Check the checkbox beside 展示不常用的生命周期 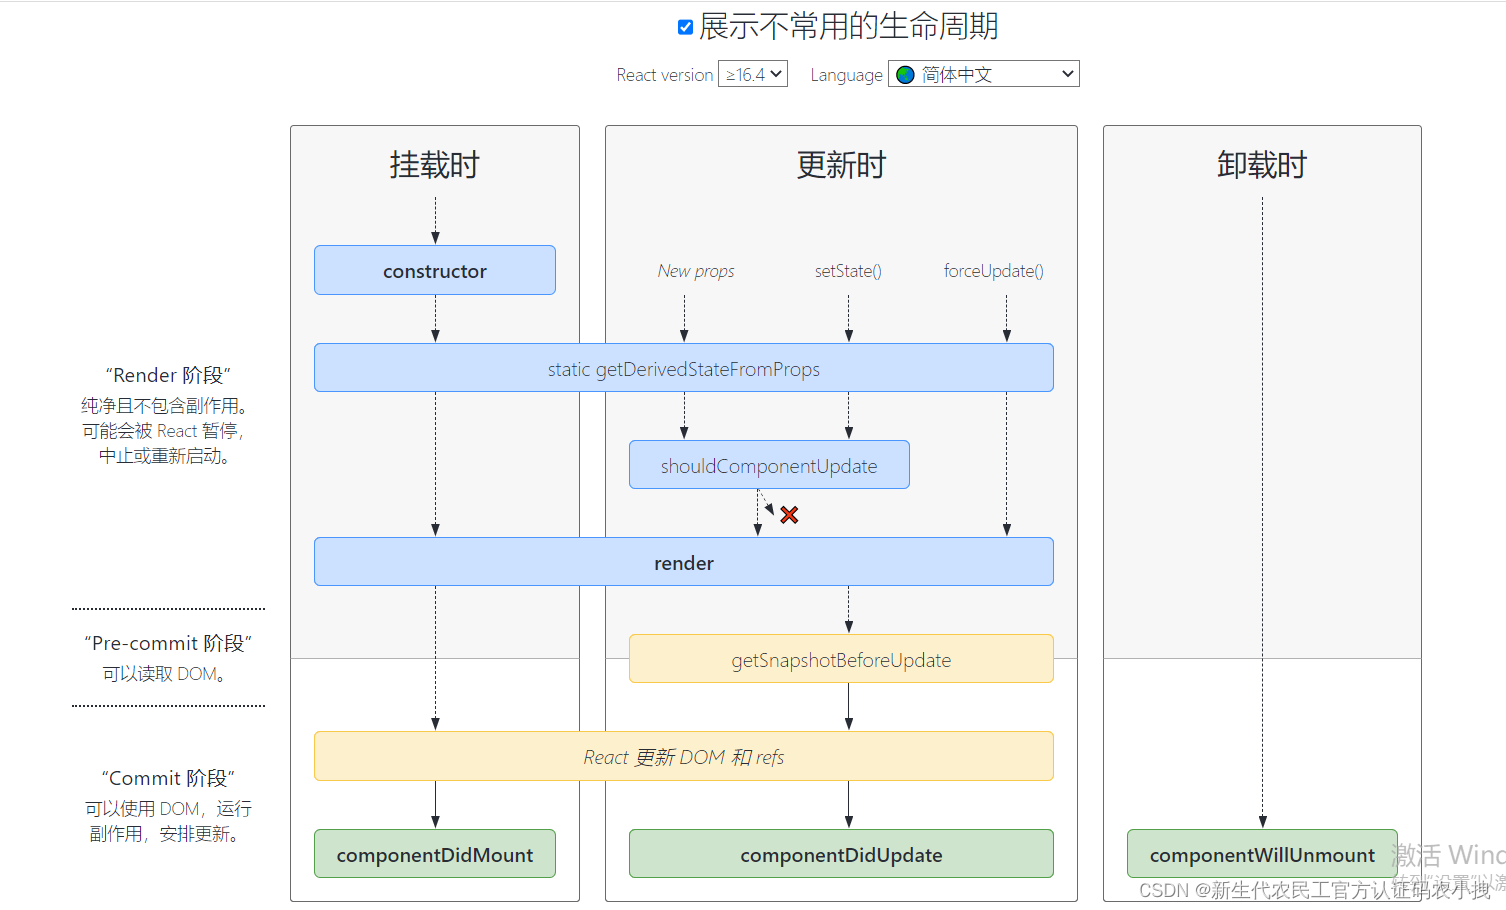685,27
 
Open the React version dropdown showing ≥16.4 753,74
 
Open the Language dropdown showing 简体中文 984,74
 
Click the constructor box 435,271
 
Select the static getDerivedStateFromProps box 684,369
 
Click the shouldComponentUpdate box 769,466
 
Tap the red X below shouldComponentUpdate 789,515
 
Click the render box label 684,563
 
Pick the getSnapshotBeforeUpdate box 841,660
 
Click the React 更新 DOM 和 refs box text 684,757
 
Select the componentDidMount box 435,855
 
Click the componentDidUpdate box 841,855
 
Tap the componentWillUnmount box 1262,855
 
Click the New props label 696,271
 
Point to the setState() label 848,271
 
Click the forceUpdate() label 993,271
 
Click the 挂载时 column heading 435,165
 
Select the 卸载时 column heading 1262,165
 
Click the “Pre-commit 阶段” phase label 168,643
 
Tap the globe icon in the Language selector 906,75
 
